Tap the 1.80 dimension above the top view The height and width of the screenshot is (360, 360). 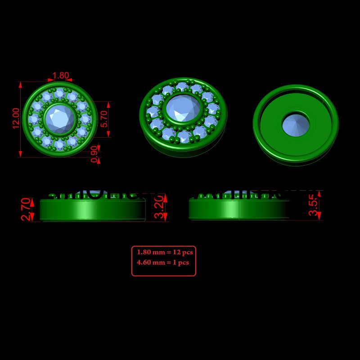pos(60,76)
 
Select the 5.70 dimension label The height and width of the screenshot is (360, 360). pos(104,119)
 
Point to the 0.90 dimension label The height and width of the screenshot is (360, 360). pos(94,154)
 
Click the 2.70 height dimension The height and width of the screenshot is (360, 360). pos(27,210)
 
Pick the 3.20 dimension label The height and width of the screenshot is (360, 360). pos(160,207)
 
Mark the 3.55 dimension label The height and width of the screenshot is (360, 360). pos(314,205)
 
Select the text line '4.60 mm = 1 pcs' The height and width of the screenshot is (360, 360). pos(162,262)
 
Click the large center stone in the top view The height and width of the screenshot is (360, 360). pos(59,119)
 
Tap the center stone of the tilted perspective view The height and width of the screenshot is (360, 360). pos(183,108)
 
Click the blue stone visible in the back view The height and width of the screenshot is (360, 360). pos(295,124)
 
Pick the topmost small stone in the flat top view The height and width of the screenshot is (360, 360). pos(59,94)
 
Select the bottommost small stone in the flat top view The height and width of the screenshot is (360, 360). pos(59,144)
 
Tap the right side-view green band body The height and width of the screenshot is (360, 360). pos(238,210)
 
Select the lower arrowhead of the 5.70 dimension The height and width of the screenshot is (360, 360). pos(109,135)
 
